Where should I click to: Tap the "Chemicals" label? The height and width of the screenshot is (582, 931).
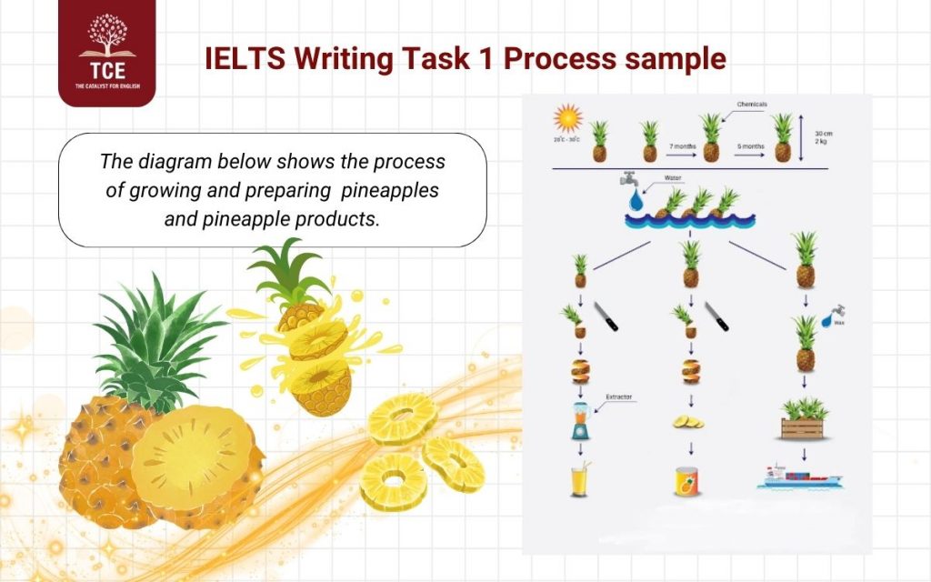point(753,105)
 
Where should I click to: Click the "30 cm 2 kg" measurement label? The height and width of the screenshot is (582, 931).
point(823,136)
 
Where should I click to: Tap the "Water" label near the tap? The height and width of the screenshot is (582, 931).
point(674,178)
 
